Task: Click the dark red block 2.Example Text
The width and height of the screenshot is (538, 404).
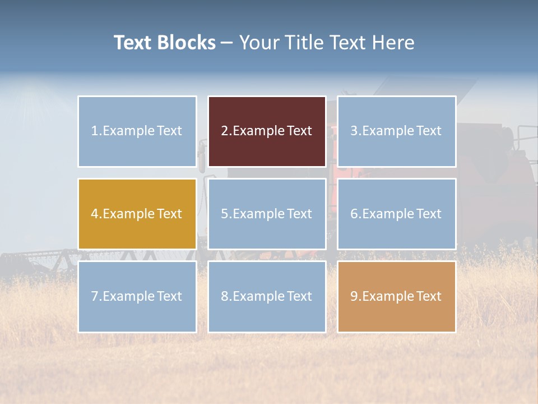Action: click(267, 131)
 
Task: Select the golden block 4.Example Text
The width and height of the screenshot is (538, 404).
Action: click(137, 214)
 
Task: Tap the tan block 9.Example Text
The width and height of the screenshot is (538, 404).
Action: click(396, 296)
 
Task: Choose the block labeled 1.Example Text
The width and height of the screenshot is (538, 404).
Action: click(137, 131)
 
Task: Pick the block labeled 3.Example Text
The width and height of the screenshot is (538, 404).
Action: click(396, 131)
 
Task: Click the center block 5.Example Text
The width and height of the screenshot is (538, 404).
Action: click(267, 214)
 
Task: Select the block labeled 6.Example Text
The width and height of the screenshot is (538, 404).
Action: click(396, 214)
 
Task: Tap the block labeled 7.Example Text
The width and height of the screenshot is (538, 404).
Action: click(137, 296)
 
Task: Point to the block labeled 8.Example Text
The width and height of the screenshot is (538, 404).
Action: click(267, 296)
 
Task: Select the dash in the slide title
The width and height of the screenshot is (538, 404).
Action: click(227, 43)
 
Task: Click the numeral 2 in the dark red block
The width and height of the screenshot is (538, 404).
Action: click(224, 131)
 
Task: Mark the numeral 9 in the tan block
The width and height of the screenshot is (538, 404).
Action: click(354, 296)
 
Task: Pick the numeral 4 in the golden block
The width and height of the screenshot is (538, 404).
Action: click(95, 214)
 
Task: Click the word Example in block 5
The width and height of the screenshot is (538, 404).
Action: click(258, 214)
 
